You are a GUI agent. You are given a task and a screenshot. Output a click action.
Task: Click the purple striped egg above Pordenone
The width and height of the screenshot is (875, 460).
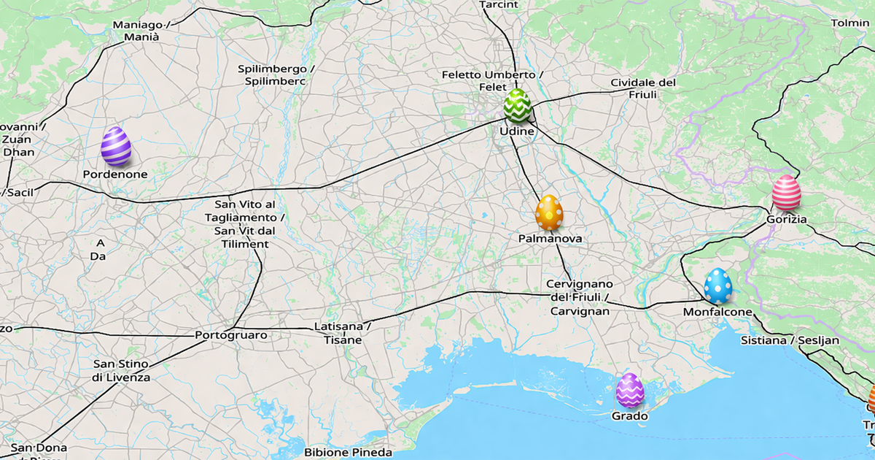pyautogui.click(x=116, y=146)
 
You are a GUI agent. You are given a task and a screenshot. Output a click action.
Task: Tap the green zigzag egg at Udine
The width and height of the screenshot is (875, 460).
pyautogui.click(x=518, y=106)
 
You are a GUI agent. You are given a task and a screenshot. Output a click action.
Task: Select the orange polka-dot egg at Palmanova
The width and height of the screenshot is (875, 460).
pyautogui.click(x=549, y=212)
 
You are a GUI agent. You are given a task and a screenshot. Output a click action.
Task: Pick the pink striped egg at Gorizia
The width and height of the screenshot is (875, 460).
pyautogui.click(x=786, y=193)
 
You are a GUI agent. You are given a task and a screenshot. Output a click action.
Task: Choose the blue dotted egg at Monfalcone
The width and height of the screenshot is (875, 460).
pyautogui.click(x=718, y=286)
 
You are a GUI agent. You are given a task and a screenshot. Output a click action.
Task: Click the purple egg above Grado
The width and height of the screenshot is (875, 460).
pyautogui.click(x=630, y=391)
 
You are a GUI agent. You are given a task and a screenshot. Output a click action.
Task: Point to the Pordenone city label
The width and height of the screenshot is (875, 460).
pyautogui.click(x=115, y=175)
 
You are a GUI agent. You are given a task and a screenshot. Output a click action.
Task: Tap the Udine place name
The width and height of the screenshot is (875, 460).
pyautogui.click(x=517, y=131)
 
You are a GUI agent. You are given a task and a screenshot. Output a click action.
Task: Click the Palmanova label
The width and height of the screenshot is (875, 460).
pyautogui.click(x=550, y=239)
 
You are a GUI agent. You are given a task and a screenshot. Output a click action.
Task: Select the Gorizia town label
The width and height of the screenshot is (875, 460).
pyautogui.click(x=787, y=219)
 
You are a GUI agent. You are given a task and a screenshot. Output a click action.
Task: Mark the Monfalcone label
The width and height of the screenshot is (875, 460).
pyautogui.click(x=717, y=312)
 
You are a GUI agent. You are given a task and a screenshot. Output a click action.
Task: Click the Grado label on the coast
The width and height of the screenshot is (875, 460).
pyautogui.click(x=630, y=416)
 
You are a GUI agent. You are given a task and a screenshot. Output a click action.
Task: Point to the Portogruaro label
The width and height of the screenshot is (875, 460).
pyautogui.click(x=231, y=335)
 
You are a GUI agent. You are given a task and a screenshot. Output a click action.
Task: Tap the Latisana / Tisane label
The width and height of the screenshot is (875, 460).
pyautogui.click(x=343, y=333)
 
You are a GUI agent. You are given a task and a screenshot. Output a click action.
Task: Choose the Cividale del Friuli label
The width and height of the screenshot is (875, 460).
pyautogui.click(x=643, y=88)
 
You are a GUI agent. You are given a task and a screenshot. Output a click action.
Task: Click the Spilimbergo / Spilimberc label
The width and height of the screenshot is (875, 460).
pyautogui.click(x=276, y=75)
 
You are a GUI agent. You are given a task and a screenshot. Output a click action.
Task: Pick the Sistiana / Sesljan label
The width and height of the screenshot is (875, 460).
pyautogui.click(x=790, y=340)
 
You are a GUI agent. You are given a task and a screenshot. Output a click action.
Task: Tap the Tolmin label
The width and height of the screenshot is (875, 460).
pyautogui.click(x=850, y=23)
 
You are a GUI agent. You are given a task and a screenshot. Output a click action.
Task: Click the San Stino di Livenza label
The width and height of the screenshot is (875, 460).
pyautogui.click(x=121, y=371)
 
